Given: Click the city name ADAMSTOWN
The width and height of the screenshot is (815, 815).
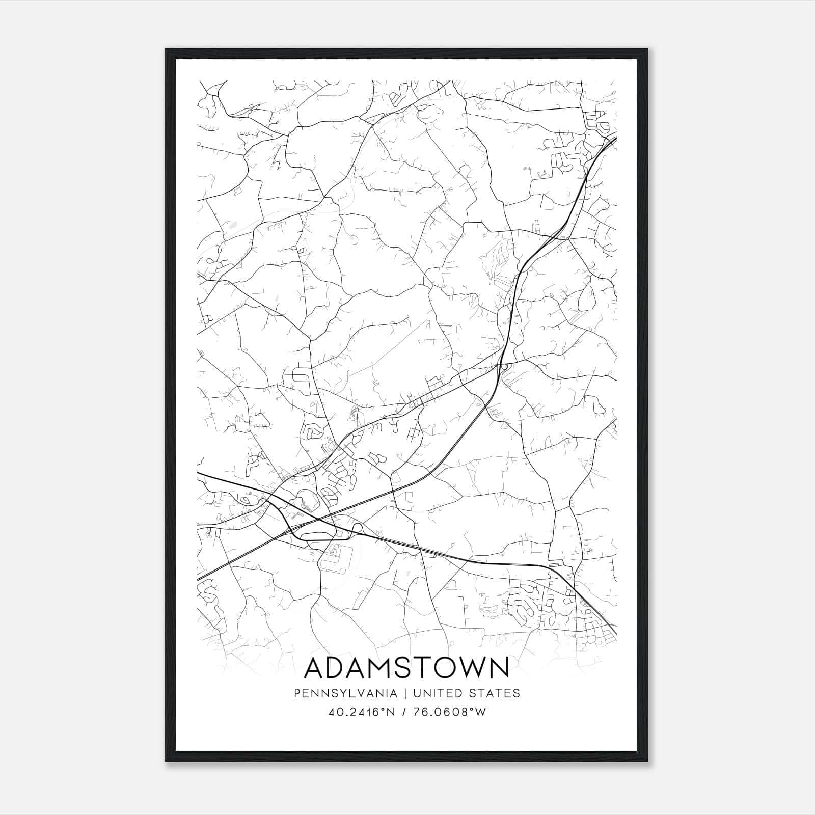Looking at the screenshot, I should [x=406, y=668].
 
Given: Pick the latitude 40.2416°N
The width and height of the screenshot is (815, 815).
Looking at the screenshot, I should [x=362, y=712].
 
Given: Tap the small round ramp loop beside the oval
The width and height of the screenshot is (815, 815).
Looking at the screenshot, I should [x=357, y=528].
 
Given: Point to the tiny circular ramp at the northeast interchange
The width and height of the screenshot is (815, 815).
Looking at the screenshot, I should [x=503, y=366].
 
